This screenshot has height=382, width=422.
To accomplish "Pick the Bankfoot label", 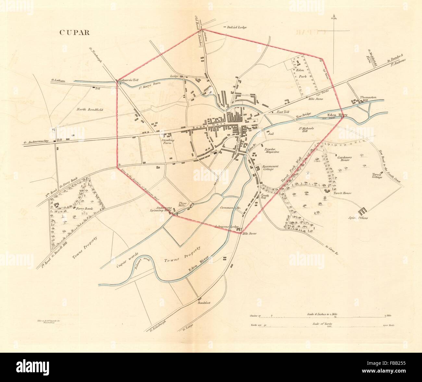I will pyautogui.click(x=204, y=303).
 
